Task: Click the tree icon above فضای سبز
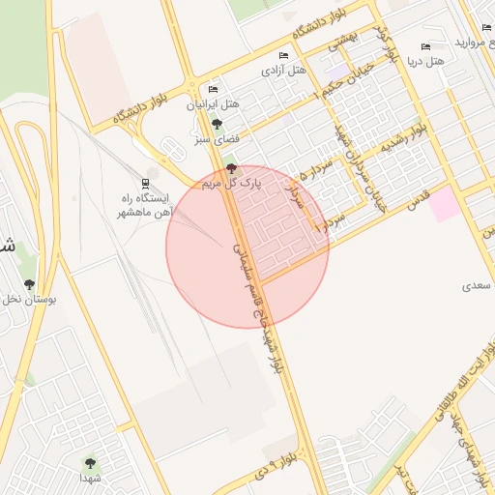pyautogui.click(x=217, y=124)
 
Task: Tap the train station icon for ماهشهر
pyautogui.click(x=145, y=183)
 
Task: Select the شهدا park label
pyautogui.click(x=91, y=479)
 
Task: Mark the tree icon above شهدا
pyautogui.click(x=91, y=464)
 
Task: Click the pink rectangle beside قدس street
pyautogui.click(x=444, y=204)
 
